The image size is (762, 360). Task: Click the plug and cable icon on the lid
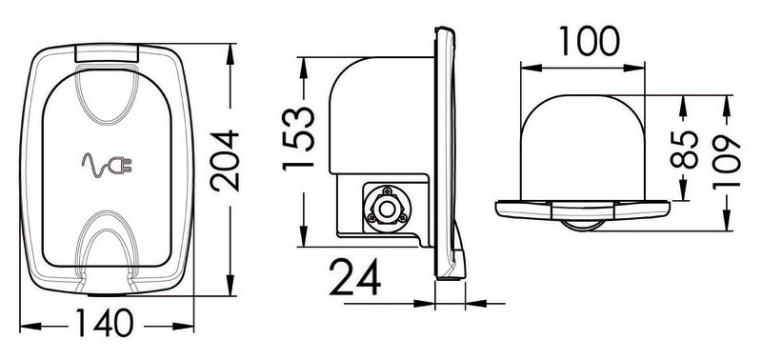coord(108,169)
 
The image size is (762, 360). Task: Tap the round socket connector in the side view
coord(387,207)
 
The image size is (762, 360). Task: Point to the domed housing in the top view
coord(580,143)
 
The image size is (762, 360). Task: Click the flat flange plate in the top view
coord(580,207)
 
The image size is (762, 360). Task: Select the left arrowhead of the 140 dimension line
coord(27,327)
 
